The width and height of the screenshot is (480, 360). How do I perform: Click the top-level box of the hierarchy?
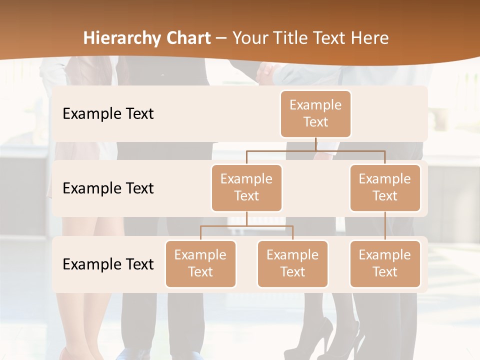tap(315, 113)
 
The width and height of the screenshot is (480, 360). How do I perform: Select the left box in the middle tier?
tap(246, 187)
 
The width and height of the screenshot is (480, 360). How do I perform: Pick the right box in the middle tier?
tap(385, 187)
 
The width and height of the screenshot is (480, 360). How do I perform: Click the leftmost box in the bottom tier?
tap(200, 263)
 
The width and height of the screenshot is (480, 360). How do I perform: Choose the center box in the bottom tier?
tap(292, 263)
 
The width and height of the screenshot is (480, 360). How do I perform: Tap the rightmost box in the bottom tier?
tap(385, 263)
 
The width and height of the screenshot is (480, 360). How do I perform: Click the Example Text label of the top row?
tap(108, 114)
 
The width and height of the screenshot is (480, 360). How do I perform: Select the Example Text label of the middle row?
tap(108, 188)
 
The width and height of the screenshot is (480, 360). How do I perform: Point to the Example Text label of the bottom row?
tap(108, 264)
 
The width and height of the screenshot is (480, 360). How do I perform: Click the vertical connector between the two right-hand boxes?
tap(385, 225)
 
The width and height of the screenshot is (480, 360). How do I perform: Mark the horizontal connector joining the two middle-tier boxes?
tap(315, 150)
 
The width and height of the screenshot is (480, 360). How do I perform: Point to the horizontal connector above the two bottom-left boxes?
tap(246, 226)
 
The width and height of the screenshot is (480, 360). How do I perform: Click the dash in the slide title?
tap(221, 38)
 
